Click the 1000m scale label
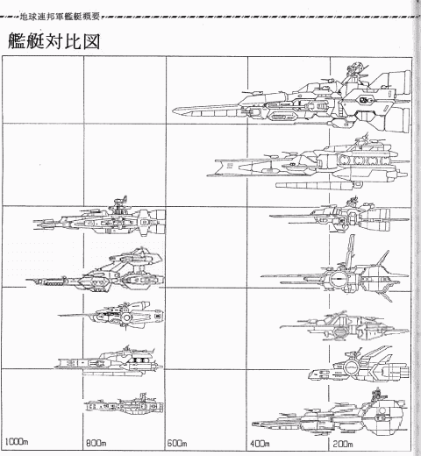[17, 441]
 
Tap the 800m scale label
[96, 443]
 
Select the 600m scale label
[177, 443]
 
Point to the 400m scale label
[260, 444]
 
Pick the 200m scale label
[342, 444]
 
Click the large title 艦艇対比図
[54, 41]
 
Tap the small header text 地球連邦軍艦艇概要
[60, 17]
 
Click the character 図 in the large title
[91, 41]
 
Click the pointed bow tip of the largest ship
[173, 111]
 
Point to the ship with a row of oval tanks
[310, 165]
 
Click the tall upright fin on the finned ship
[350, 250]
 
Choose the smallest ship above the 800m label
[124, 404]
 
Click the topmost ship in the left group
[99, 217]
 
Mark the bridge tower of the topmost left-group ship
[119, 203]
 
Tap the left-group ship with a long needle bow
[111, 316]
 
